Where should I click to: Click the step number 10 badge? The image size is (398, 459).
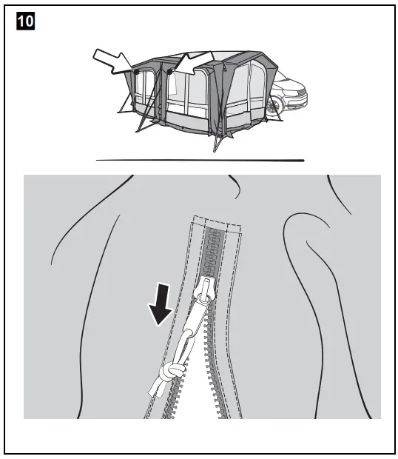point(25,21)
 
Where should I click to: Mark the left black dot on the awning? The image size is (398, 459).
point(138,73)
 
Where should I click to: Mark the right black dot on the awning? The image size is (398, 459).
point(170,73)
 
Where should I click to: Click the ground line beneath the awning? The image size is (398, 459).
point(200,159)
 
